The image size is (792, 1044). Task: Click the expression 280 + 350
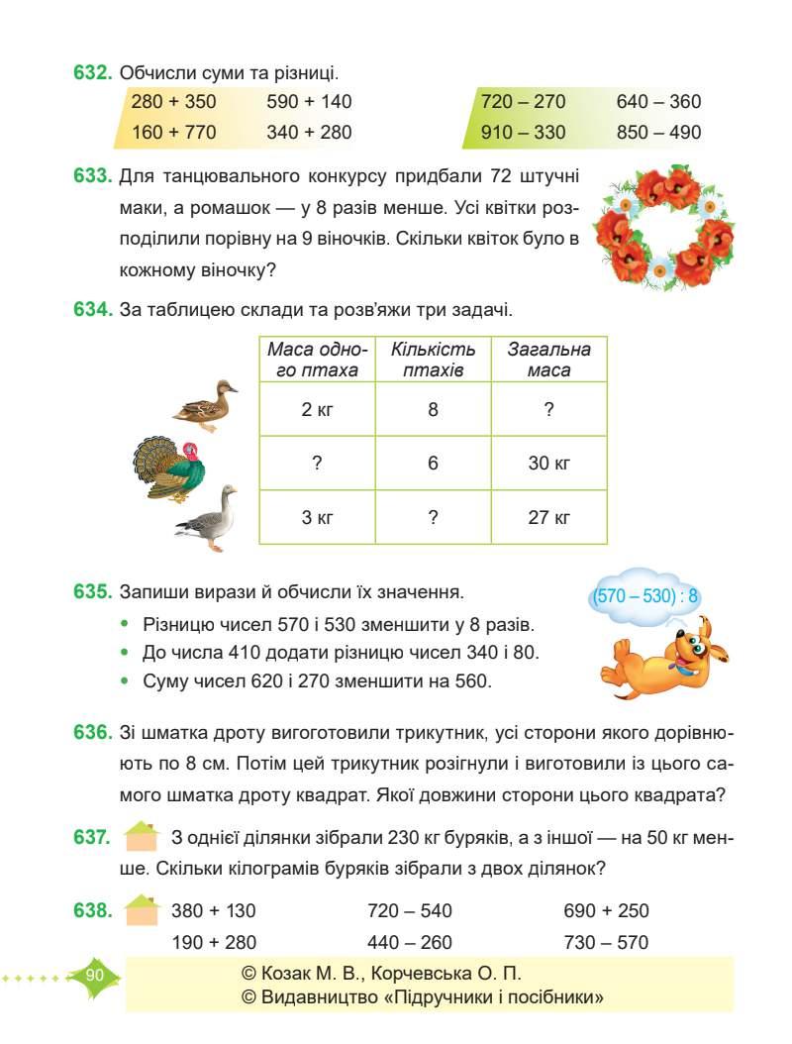pyautogui.click(x=173, y=101)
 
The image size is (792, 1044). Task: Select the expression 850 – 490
pyautogui.click(x=658, y=132)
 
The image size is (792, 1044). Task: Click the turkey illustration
pyautogui.click(x=169, y=470)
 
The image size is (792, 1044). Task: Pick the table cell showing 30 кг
pyautogui.click(x=548, y=463)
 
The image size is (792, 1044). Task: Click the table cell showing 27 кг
pyautogui.click(x=548, y=517)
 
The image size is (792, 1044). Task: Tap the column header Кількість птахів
pyautogui.click(x=433, y=361)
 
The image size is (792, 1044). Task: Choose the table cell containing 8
pyautogui.click(x=433, y=408)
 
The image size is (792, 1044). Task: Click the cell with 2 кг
pyautogui.click(x=317, y=408)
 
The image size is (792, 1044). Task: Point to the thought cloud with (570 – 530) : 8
pyautogui.click(x=645, y=596)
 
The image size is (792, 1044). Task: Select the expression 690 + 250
pyautogui.click(x=606, y=910)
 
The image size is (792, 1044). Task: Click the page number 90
pyautogui.click(x=95, y=976)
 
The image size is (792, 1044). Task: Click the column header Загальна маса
pyautogui.click(x=548, y=361)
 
